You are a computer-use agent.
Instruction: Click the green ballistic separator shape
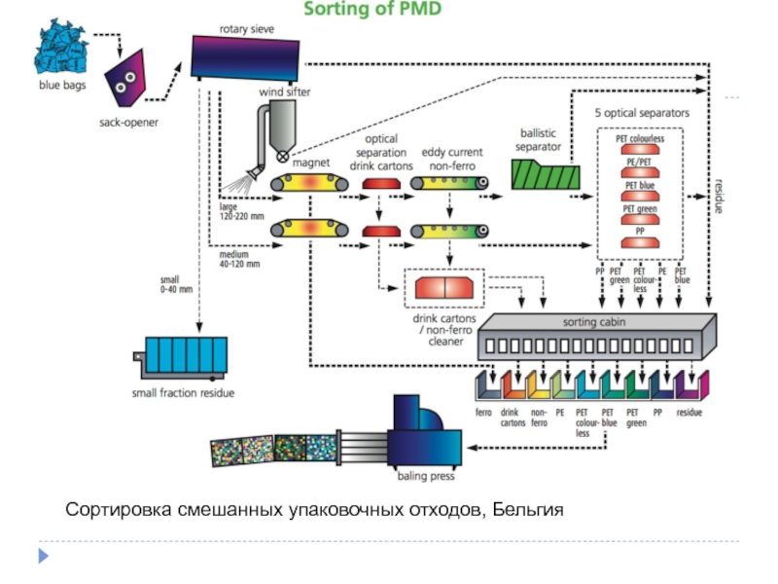[x=545, y=174]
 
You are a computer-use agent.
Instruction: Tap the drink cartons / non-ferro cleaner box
[x=443, y=288]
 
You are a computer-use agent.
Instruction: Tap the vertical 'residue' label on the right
[x=719, y=196]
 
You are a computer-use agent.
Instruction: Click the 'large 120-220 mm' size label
[x=242, y=210]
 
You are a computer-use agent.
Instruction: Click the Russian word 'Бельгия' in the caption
[x=527, y=510]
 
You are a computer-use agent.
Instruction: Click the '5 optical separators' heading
[x=642, y=113]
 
